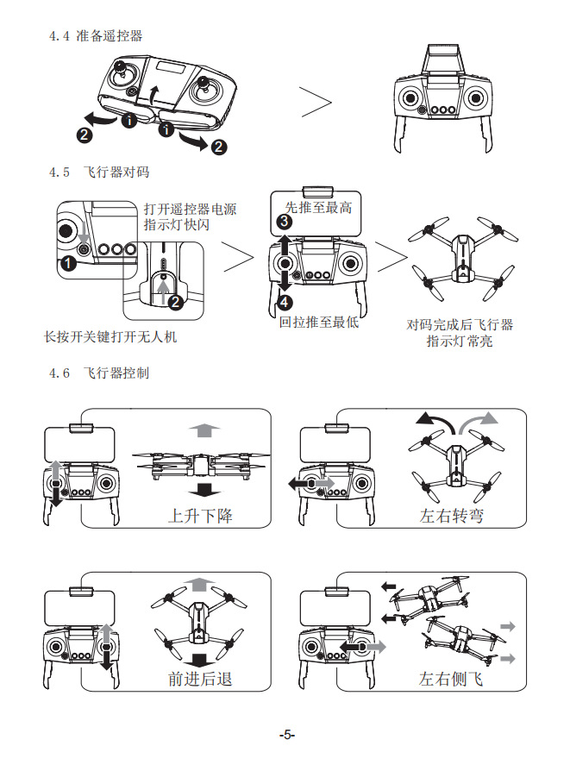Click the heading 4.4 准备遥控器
coord(96,36)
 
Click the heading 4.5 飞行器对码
coord(99,172)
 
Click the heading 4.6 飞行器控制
coord(99,373)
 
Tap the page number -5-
coord(287,735)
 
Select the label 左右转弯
coord(451,517)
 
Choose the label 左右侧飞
coord(451,679)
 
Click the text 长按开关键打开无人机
coord(110,336)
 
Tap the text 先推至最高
coord(318,208)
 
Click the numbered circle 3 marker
coord(285,222)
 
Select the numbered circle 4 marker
coord(285,302)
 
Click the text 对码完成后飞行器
coord(460,325)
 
